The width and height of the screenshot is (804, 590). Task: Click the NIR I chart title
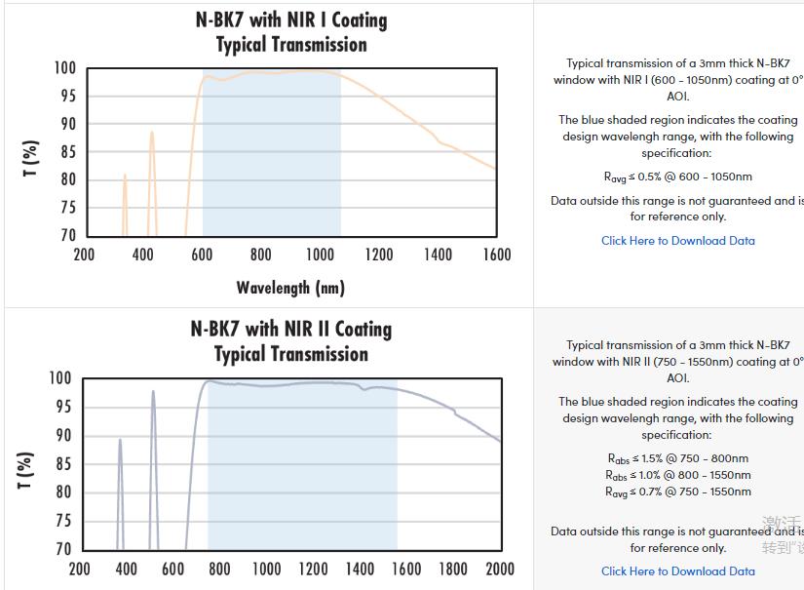coord(290,32)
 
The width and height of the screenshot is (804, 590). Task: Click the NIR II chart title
coord(290,341)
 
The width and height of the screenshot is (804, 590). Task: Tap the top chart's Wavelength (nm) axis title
coord(290,288)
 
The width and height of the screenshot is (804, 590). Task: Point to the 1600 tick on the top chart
coord(496,255)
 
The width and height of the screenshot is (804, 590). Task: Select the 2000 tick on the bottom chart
coord(499,569)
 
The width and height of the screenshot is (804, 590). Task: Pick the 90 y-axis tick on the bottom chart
coord(61,435)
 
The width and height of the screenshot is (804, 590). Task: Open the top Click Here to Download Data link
coord(677,241)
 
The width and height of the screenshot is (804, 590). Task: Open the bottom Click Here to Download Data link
coord(677,571)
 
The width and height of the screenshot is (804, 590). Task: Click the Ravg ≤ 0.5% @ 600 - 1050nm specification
coord(677,177)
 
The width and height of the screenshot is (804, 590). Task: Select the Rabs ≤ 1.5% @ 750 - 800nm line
coord(677,458)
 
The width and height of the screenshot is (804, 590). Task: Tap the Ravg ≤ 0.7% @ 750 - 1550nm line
coord(677,492)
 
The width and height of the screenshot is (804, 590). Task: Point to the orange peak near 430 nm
coord(152,133)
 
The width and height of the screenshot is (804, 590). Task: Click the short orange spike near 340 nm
coord(125,177)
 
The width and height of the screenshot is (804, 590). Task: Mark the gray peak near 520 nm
coord(153,393)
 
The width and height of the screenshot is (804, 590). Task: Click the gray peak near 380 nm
coord(120,441)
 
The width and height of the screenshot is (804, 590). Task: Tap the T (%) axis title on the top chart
coord(31,158)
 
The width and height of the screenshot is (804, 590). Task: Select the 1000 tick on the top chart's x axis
coord(320,255)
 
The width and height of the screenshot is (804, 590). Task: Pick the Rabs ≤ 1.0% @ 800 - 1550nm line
coord(677,475)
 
